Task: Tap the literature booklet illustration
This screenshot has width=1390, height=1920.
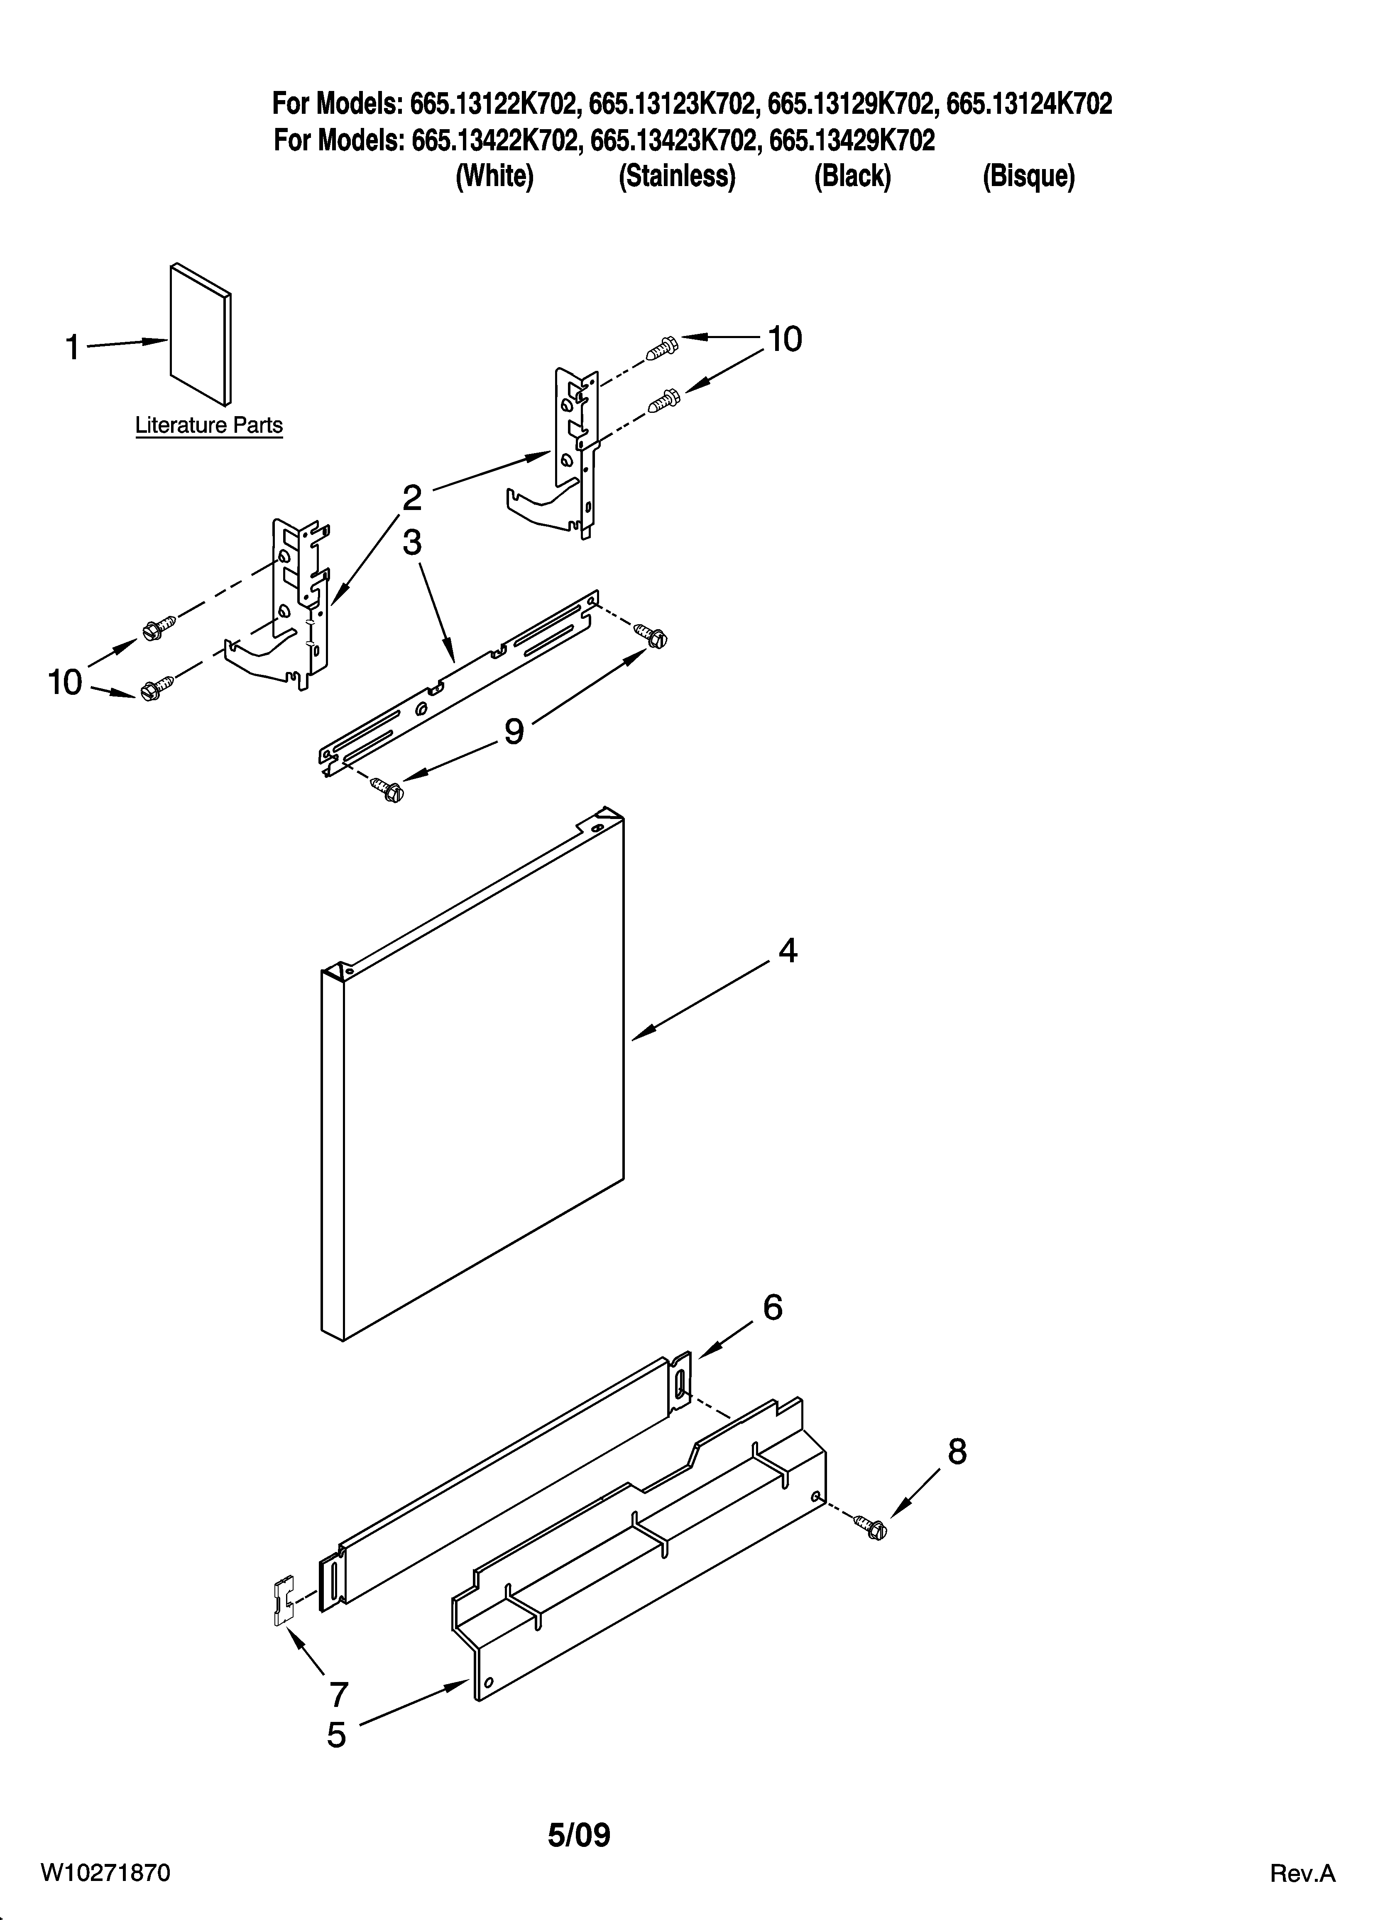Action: point(201,334)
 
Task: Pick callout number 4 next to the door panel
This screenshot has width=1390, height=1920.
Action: point(787,951)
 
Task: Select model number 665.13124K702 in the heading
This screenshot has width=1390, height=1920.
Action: point(1028,104)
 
